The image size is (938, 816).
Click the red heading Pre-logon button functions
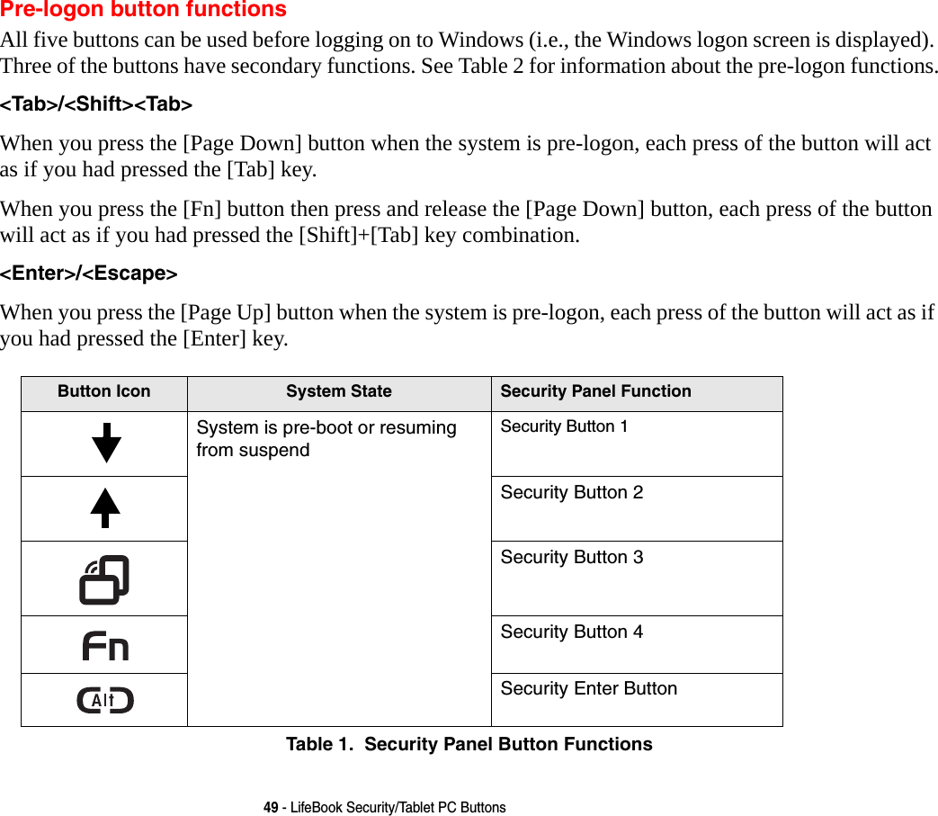143,10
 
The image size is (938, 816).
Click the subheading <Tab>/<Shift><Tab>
95,104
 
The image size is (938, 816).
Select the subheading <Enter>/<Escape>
88,273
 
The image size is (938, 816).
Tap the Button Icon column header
104,392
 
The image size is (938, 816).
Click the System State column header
339,392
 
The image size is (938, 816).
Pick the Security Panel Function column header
595,392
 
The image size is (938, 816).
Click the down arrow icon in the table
106,444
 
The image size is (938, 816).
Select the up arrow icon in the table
105,508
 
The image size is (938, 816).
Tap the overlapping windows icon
104,579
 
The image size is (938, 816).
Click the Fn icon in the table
105,646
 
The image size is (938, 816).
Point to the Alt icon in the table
105,700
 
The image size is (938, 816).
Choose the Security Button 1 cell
564,426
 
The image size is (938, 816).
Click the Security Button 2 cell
572,493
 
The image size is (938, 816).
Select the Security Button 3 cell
572,558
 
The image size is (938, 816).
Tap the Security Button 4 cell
572,632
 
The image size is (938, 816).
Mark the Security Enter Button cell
589,689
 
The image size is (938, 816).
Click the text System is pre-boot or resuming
326,428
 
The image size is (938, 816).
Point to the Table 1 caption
469,745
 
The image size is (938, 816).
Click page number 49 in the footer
270,808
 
